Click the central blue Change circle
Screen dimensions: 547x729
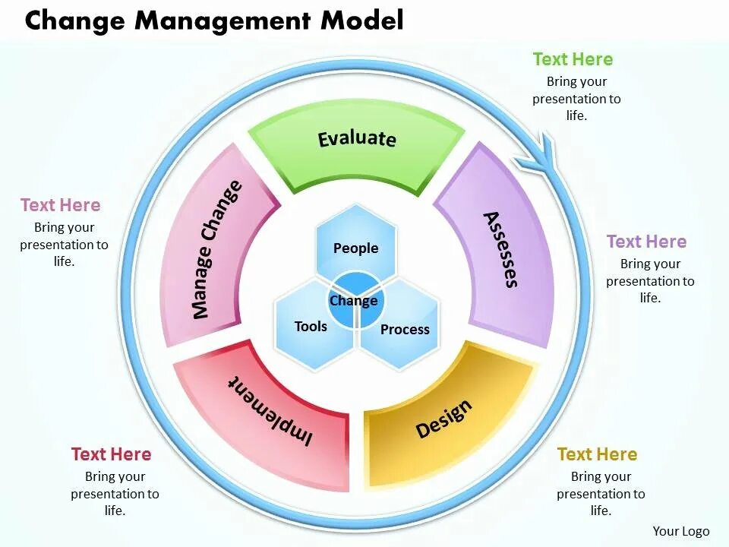coord(354,301)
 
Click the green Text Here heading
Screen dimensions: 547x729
coord(573,59)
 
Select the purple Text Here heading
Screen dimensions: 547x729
coord(646,242)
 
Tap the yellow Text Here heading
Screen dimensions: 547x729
coord(597,454)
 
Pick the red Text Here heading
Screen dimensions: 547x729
coord(111,454)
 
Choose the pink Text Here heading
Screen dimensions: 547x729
coord(60,205)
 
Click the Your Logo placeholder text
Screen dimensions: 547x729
coord(681,532)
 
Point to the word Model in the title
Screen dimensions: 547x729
coord(361,21)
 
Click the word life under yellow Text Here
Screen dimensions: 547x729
coord(600,511)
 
